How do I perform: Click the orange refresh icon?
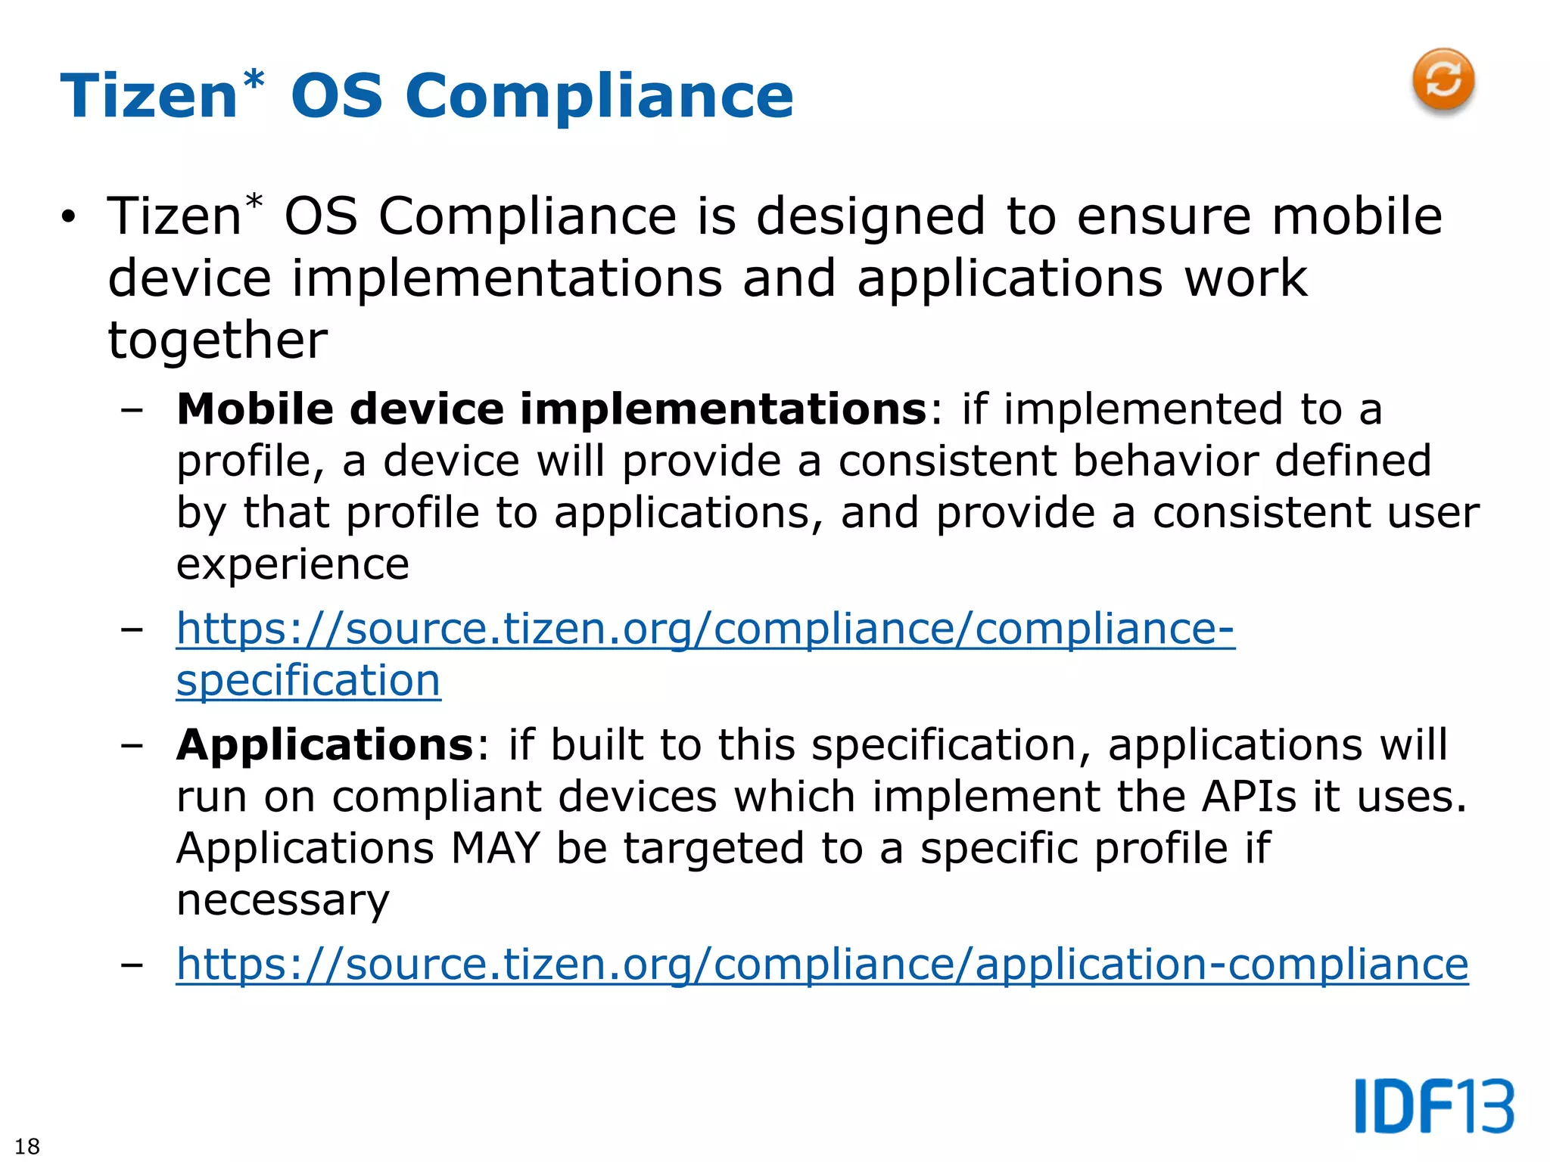click(x=1443, y=80)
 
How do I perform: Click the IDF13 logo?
click(x=1433, y=1106)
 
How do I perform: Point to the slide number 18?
click(x=27, y=1146)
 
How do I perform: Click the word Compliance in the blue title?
click(x=599, y=97)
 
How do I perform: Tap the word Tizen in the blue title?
click(x=150, y=97)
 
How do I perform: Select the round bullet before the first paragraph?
click(x=69, y=218)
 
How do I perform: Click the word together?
click(x=217, y=340)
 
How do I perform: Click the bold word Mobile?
click(x=255, y=409)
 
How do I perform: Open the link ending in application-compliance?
click(x=822, y=965)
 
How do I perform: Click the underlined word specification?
click(x=308, y=680)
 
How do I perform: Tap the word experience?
click(x=292, y=564)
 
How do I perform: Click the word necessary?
click(x=282, y=899)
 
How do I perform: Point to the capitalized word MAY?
click(x=496, y=848)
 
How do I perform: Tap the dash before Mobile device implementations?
click(x=132, y=411)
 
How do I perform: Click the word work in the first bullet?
click(x=1246, y=278)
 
